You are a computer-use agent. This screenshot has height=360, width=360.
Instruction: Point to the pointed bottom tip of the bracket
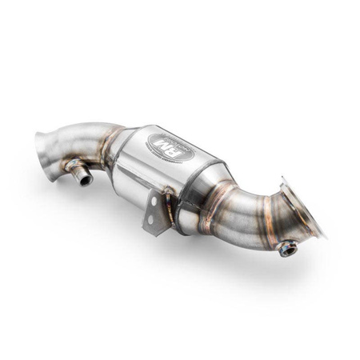146,234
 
